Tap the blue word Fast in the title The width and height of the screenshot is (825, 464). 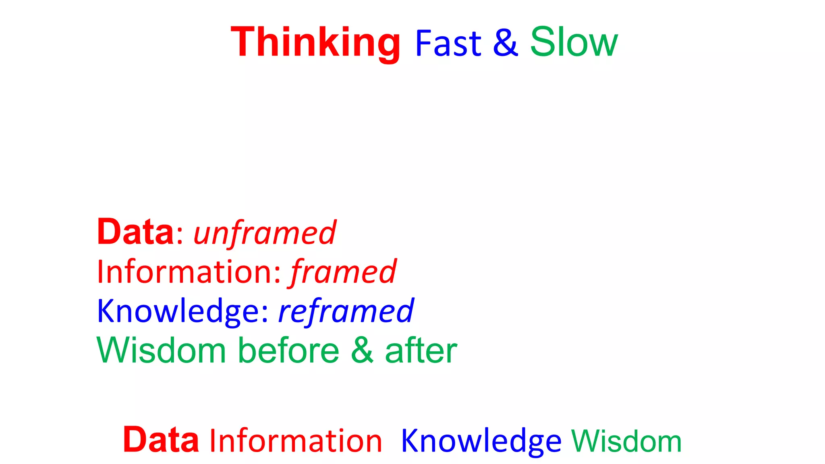click(448, 43)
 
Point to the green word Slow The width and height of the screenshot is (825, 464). click(574, 42)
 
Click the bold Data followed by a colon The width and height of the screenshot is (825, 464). click(135, 232)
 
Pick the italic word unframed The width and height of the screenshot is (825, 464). click(265, 234)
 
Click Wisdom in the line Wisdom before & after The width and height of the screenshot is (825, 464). click(161, 350)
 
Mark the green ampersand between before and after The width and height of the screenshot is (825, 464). click(362, 350)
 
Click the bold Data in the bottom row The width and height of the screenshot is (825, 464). click(161, 440)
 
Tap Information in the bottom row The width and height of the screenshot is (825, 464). click(296, 441)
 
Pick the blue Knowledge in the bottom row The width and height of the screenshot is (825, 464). click(481, 441)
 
